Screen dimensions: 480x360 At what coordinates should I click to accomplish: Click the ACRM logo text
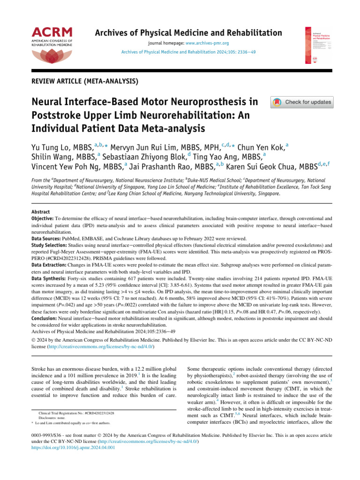point(52,32)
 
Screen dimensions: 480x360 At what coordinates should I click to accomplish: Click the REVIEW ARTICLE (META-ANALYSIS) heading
point(84,81)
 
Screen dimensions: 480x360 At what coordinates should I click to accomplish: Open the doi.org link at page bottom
point(73,447)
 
